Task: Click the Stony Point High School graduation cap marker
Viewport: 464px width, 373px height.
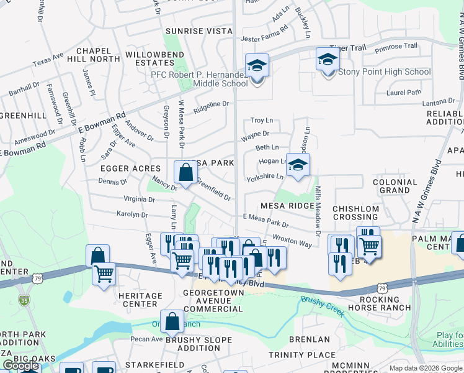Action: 328,60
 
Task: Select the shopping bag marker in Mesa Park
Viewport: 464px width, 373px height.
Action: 185,173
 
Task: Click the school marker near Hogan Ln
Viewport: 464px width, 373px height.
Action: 298,165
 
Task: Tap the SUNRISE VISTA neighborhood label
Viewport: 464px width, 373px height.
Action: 199,30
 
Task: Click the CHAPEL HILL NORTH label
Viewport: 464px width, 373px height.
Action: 97,55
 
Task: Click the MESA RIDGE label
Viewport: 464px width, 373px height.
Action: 288,206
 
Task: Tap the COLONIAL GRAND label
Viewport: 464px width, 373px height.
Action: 395,186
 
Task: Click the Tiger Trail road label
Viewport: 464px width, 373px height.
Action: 345,48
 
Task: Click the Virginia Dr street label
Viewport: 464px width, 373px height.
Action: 139,200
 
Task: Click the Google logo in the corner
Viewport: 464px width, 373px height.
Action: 20,366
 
